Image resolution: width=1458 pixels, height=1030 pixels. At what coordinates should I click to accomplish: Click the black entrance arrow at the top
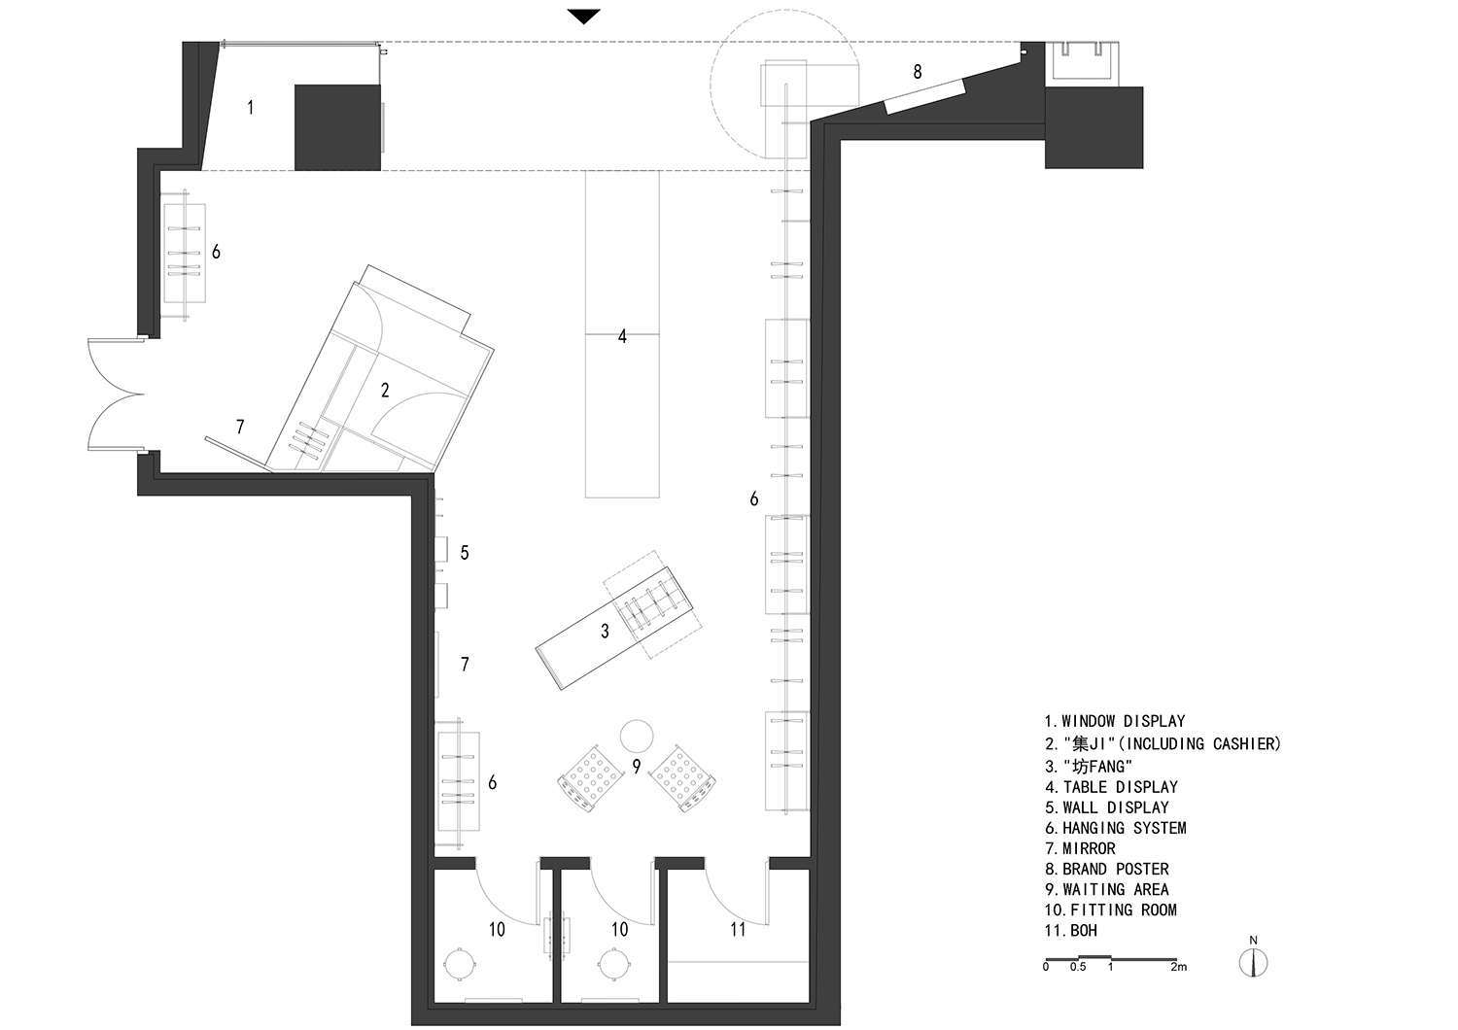[583, 17]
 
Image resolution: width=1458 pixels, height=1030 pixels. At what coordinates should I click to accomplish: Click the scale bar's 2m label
[1179, 967]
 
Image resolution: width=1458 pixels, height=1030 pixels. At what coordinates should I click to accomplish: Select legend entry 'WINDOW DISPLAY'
[1114, 721]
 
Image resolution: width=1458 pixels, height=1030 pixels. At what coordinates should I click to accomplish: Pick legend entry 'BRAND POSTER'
[1106, 869]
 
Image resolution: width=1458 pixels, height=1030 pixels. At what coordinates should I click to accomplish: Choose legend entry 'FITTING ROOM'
[1110, 910]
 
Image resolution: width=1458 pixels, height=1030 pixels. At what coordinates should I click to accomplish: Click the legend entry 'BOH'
[1071, 931]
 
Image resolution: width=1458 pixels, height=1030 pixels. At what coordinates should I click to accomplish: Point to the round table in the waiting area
[636, 736]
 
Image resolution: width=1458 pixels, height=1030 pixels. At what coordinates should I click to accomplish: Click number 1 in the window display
[251, 107]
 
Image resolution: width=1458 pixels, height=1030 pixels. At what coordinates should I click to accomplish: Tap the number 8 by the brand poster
[918, 72]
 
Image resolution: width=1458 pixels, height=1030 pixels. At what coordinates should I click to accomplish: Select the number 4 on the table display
[622, 336]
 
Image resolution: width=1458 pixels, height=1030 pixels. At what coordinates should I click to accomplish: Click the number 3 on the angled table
[605, 632]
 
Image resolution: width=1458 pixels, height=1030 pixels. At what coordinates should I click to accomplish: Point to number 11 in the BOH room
[738, 929]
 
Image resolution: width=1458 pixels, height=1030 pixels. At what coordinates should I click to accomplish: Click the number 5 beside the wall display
[464, 553]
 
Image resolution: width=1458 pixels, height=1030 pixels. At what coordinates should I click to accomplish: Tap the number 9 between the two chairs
[636, 767]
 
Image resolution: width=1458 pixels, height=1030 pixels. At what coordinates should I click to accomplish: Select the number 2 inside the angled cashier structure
[385, 391]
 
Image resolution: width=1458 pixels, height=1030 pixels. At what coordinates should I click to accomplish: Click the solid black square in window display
[337, 127]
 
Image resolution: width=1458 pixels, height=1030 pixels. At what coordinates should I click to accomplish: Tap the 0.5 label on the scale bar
[1078, 967]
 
